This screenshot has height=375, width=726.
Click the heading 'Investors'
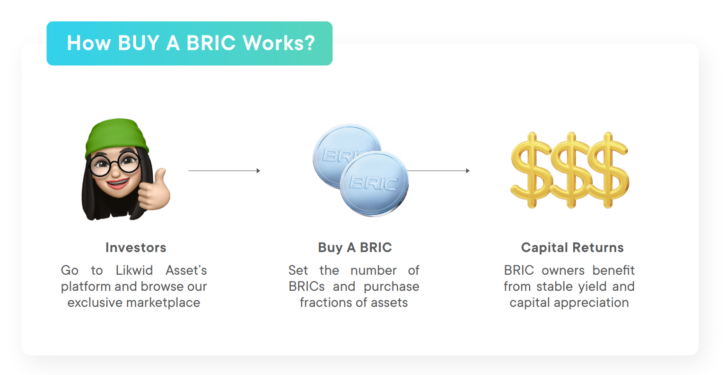pyautogui.click(x=136, y=248)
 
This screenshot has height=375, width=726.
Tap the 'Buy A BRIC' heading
pyautogui.click(x=355, y=248)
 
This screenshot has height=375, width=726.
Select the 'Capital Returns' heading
pyautogui.click(x=572, y=248)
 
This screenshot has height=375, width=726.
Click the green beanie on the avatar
pyautogui.click(x=116, y=137)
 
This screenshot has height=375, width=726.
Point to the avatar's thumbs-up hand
pyautogui.click(x=154, y=191)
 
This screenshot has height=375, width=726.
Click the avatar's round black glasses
pyautogui.click(x=115, y=164)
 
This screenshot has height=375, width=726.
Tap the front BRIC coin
pyautogui.click(x=374, y=184)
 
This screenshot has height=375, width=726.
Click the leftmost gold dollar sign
pyautogui.click(x=532, y=170)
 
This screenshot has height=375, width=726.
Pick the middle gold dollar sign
pyautogui.click(x=571, y=170)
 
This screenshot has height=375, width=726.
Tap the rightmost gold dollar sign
pyautogui.click(x=608, y=170)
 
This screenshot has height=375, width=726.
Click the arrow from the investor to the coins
pyautogui.click(x=224, y=171)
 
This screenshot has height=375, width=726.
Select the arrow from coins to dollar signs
pyautogui.click(x=438, y=171)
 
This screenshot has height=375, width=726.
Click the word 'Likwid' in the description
pyautogui.click(x=134, y=270)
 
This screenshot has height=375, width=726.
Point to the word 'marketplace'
pyautogui.click(x=163, y=303)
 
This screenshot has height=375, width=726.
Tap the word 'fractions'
pyautogui.click(x=326, y=303)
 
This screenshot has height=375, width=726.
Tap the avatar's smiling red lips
pyautogui.click(x=117, y=183)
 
